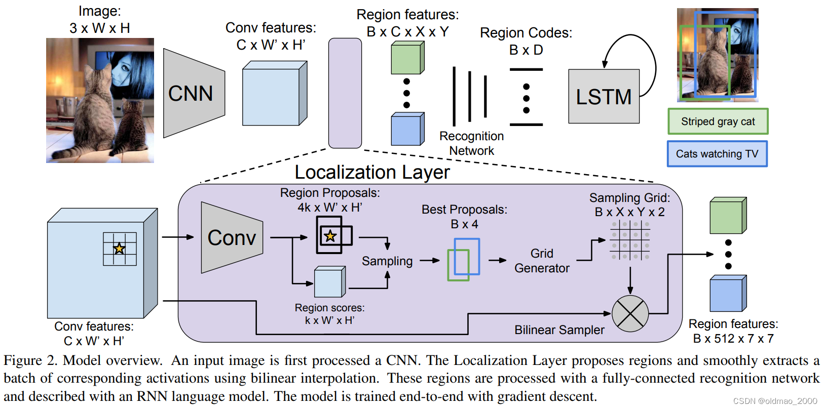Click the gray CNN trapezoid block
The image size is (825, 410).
click(193, 94)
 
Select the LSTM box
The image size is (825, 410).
click(604, 97)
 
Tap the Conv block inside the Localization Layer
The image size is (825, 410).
click(232, 237)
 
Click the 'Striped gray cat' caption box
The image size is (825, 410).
click(718, 121)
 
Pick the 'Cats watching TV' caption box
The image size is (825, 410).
click(717, 154)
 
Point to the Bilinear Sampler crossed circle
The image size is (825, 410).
click(630, 313)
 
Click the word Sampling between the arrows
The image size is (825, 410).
click(387, 261)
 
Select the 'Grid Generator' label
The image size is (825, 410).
click(542, 261)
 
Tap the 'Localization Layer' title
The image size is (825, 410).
click(372, 173)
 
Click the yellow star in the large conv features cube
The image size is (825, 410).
click(119, 249)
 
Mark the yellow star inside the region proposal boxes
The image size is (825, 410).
click(330, 236)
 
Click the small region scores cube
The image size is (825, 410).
click(329, 282)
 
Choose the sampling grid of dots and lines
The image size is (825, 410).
click(630, 240)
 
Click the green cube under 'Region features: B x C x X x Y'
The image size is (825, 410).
click(407, 58)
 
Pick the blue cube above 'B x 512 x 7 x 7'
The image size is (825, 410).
click(728, 294)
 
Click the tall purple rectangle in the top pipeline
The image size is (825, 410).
click(345, 93)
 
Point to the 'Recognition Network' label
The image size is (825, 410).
click(471, 143)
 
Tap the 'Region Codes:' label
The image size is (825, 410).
click(526, 33)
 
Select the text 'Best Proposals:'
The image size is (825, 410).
click(464, 210)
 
